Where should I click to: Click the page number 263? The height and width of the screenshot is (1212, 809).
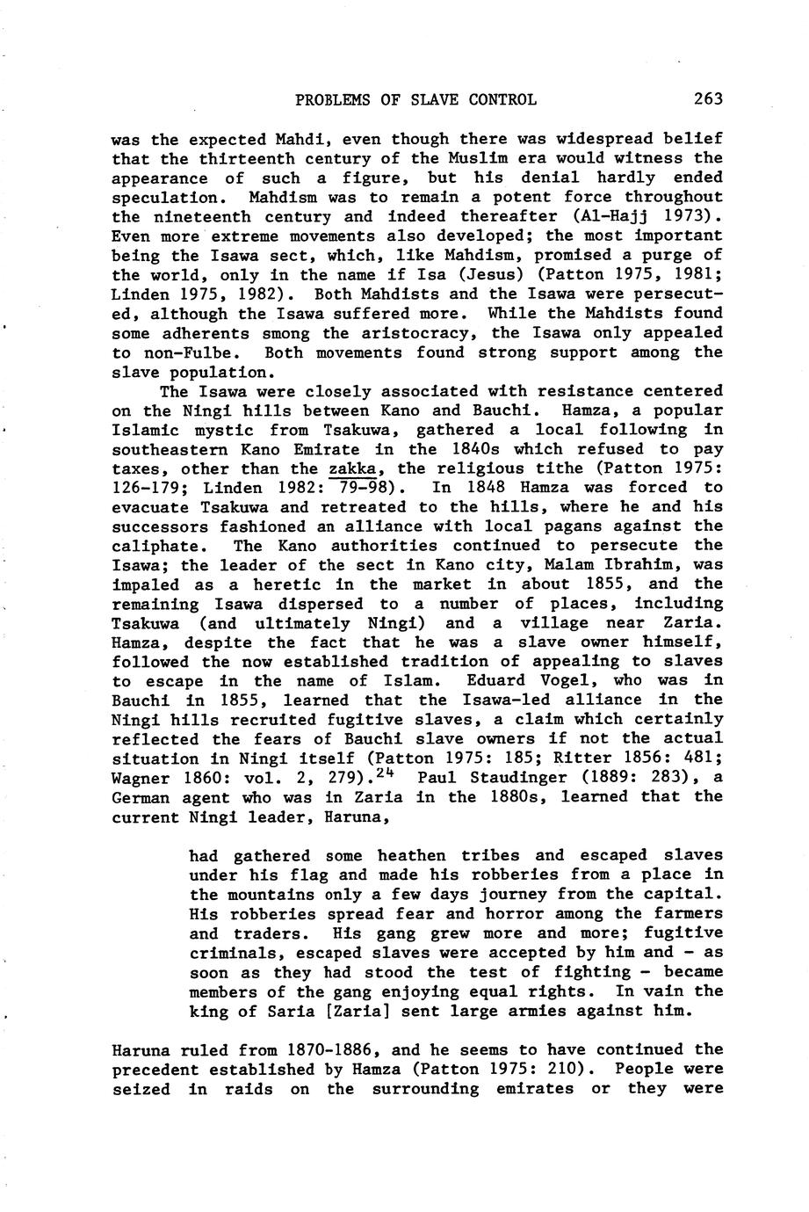click(x=707, y=99)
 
